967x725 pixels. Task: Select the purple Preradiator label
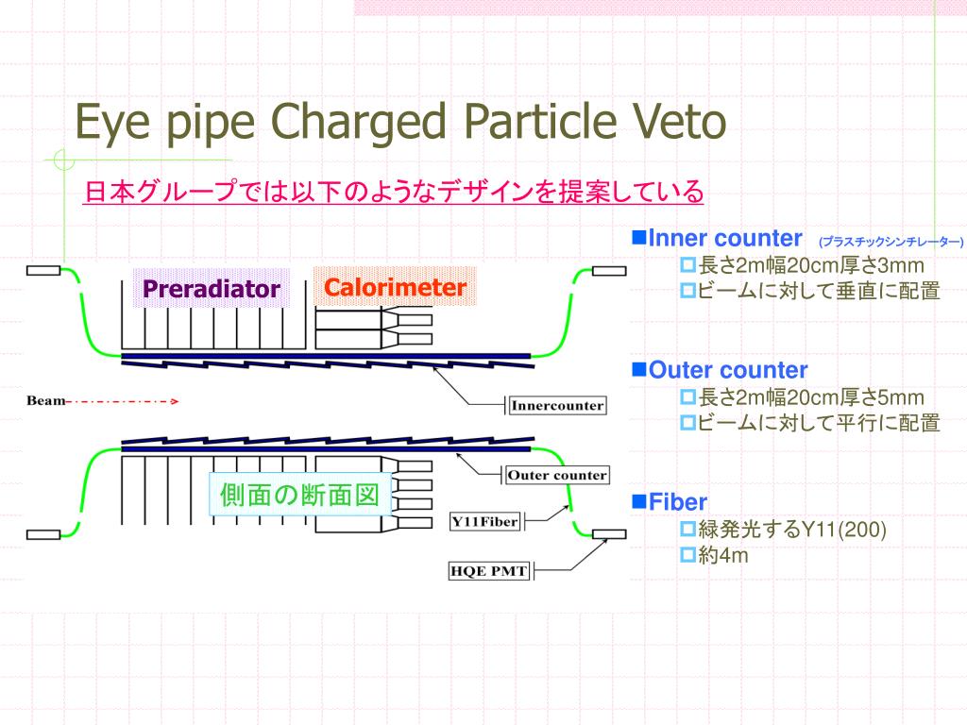(x=211, y=289)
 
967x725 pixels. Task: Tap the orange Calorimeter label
(x=395, y=287)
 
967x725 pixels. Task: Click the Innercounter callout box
(x=557, y=406)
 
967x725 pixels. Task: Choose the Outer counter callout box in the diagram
(x=557, y=476)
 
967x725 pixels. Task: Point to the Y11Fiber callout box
(x=484, y=521)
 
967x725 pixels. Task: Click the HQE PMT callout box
(x=488, y=571)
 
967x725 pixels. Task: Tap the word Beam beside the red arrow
(x=45, y=400)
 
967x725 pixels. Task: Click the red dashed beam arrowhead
(x=175, y=401)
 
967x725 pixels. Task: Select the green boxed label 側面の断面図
(x=299, y=495)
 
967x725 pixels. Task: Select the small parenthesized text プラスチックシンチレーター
(x=891, y=242)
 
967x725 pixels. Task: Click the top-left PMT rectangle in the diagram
(x=43, y=270)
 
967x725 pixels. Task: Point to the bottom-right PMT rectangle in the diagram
(x=609, y=534)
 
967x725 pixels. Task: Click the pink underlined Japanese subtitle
(x=394, y=191)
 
